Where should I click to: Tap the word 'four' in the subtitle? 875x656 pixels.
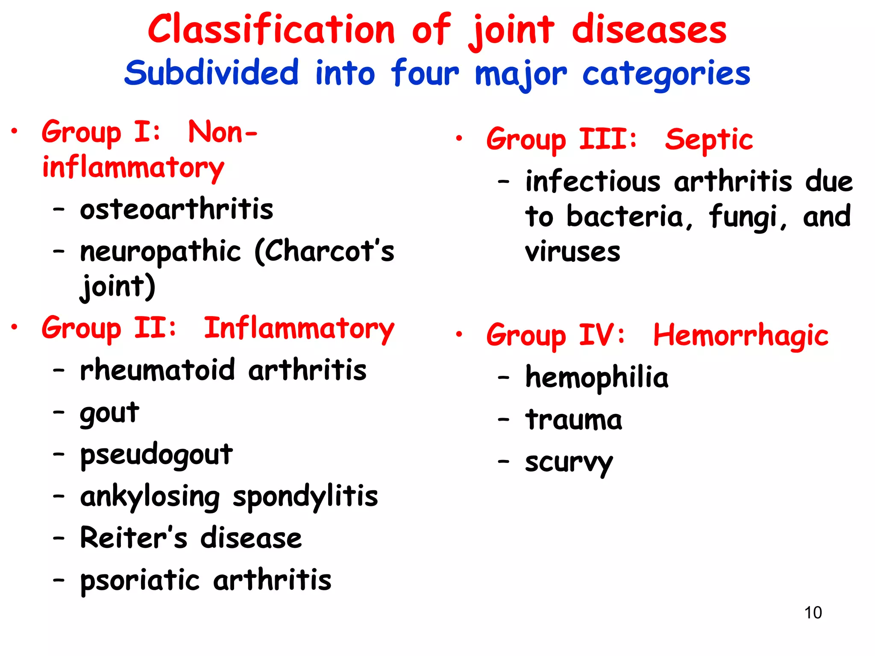coord(425,73)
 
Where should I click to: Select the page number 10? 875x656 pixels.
coord(813,612)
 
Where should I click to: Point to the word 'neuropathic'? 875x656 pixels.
coord(160,252)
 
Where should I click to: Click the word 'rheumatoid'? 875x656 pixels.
coord(157,370)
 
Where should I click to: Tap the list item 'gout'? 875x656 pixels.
coord(109,413)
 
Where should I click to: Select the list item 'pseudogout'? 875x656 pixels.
coord(156,454)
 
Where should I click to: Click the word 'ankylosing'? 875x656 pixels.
coord(150,497)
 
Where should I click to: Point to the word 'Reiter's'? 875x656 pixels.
coord(134,538)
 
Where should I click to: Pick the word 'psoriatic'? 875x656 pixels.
coord(140,580)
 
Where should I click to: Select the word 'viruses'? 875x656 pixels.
coord(573,252)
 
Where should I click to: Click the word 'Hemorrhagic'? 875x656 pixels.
coord(741,335)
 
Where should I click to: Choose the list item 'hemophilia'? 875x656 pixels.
coord(596,378)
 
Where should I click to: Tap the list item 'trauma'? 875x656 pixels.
coord(573,420)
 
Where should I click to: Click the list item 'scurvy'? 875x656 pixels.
coord(569,462)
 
